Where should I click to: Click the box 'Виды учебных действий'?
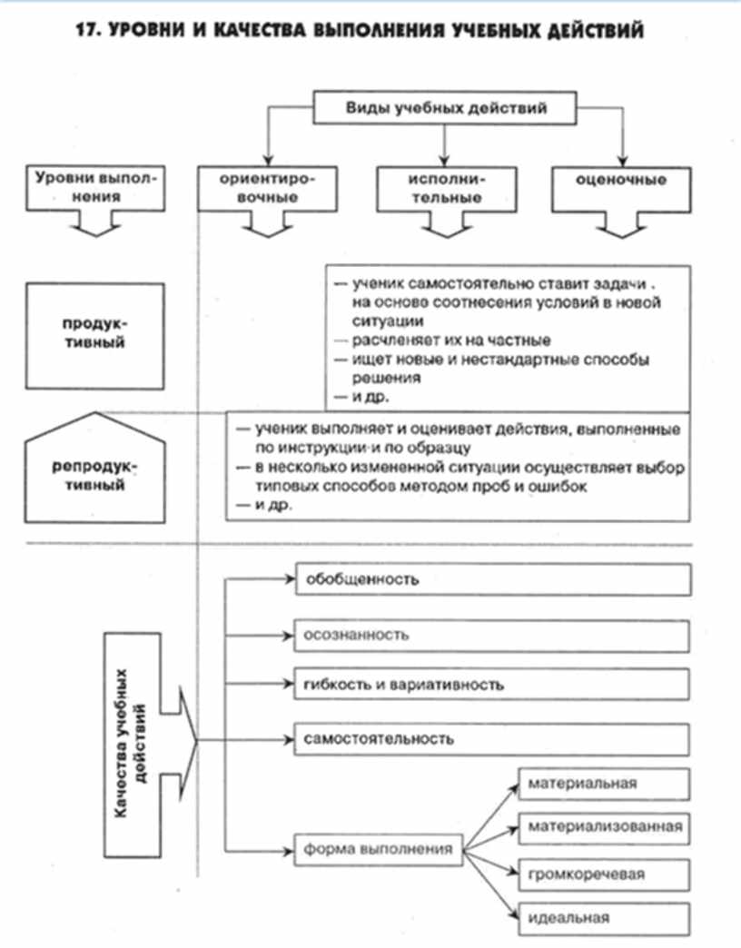click(445, 109)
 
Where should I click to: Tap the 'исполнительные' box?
click(444, 188)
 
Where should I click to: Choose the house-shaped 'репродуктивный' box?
click(95, 475)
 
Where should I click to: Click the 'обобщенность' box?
click(494, 578)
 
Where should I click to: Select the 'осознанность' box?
click(494, 635)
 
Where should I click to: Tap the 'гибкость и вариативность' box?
click(494, 684)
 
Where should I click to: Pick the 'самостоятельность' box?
click(494, 738)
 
